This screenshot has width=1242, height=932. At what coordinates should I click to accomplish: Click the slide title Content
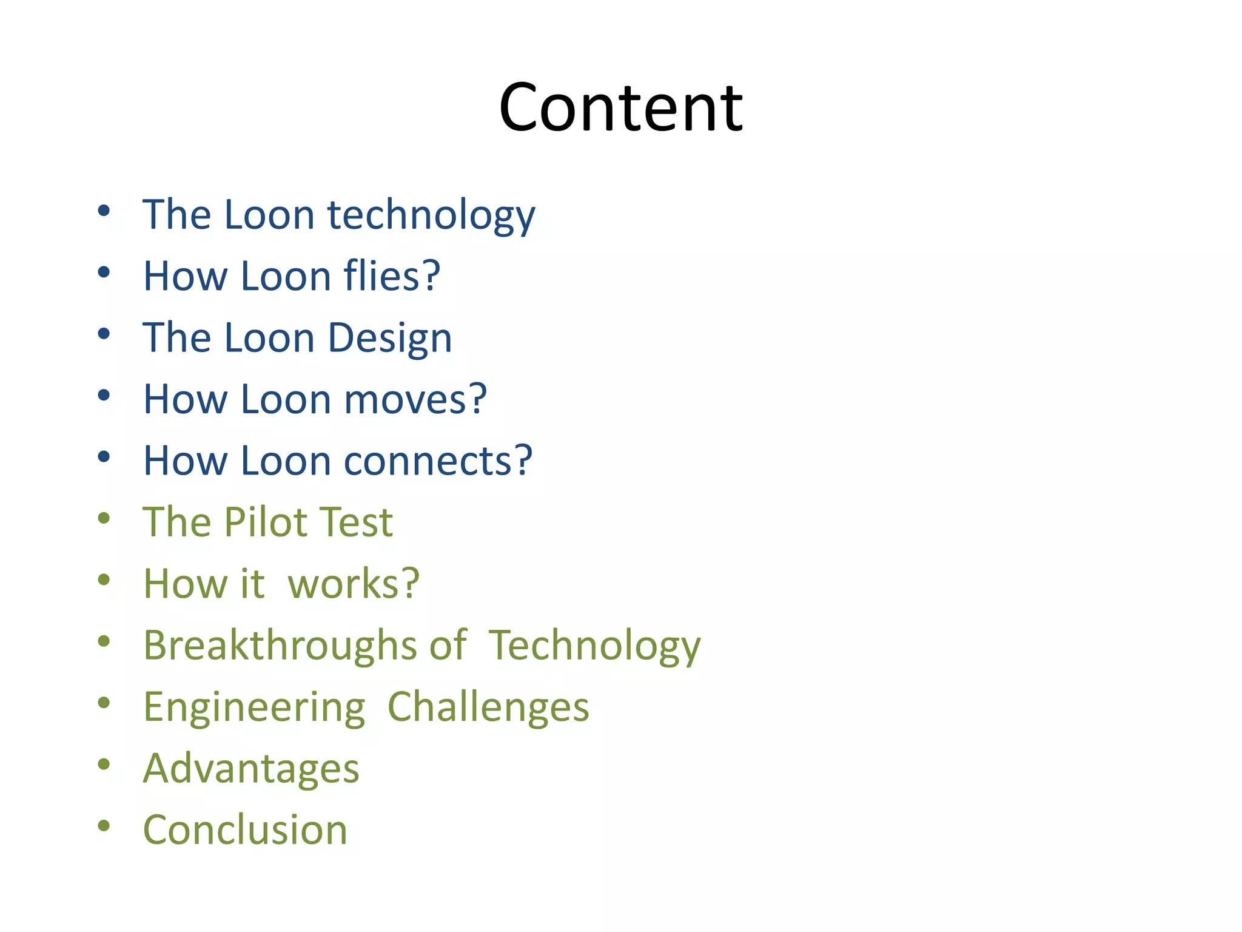coord(620,108)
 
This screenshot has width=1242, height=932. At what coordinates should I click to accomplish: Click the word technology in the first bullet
coord(431,215)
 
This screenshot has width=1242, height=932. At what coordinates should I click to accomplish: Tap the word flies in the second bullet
coord(381,276)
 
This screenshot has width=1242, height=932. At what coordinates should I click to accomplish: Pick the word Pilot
coord(263,522)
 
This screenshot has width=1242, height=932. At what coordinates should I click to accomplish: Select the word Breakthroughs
coord(280,645)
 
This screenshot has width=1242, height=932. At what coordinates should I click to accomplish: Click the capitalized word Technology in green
coord(594,646)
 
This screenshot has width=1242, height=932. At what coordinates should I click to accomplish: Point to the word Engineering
coord(254,708)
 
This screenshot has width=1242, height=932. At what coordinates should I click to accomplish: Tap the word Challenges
coord(488,707)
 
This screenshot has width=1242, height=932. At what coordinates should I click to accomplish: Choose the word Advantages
coord(251,769)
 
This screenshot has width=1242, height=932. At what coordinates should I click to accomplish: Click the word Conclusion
coord(245,830)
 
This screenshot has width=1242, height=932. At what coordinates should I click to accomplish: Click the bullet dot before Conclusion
coord(104,825)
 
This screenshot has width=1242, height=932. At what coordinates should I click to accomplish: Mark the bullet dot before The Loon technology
coord(104,211)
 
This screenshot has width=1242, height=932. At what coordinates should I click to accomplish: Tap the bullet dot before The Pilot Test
coord(104,518)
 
